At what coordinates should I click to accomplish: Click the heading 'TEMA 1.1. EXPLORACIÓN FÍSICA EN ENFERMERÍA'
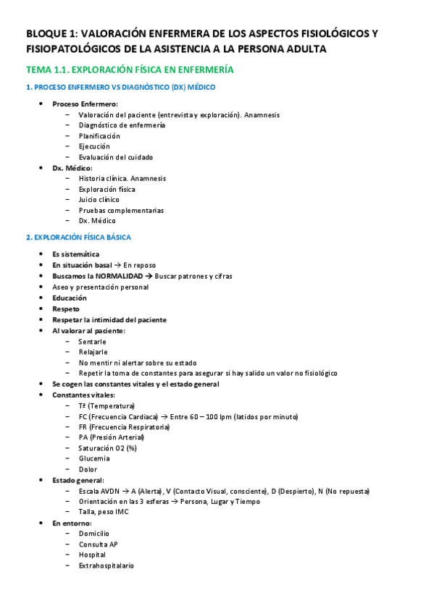click(129, 70)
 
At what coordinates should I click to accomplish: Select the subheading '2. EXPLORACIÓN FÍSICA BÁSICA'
click(78, 237)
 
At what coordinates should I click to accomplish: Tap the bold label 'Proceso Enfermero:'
click(85, 104)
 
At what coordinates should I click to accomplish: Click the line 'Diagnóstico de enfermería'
click(122, 125)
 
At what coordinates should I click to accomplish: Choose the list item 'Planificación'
click(99, 135)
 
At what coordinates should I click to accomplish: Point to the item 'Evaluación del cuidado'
click(116, 157)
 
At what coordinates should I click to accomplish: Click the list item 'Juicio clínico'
click(99, 199)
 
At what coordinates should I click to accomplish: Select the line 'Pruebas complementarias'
click(121, 210)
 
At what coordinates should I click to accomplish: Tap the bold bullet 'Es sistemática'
click(76, 254)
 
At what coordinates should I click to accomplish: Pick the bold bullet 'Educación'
click(70, 298)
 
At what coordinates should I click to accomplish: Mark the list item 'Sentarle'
click(93, 341)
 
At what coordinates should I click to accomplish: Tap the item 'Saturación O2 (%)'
click(107, 448)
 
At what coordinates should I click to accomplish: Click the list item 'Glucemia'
click(94, 458)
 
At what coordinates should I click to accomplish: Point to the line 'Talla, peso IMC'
click(107, 511)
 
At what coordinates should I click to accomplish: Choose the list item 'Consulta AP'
click(98, 544)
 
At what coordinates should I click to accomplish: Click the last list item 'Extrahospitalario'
click(106, 565)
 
